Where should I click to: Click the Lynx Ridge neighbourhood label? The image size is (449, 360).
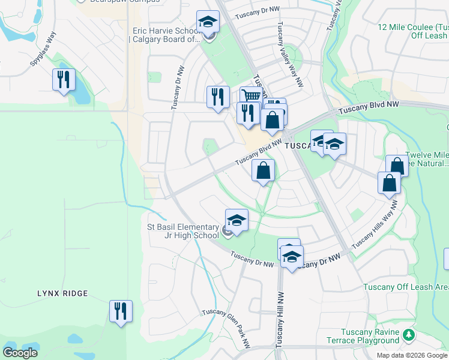tap(62, 293)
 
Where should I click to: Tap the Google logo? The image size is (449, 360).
tap(20, 352)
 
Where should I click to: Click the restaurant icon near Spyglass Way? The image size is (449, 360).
tap(62, 80)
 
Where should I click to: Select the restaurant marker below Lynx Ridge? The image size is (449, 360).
tap(120, 311)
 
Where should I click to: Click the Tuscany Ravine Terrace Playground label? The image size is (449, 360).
tap(362, 337)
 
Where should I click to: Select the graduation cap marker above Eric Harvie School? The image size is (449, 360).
tap(208, 22)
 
